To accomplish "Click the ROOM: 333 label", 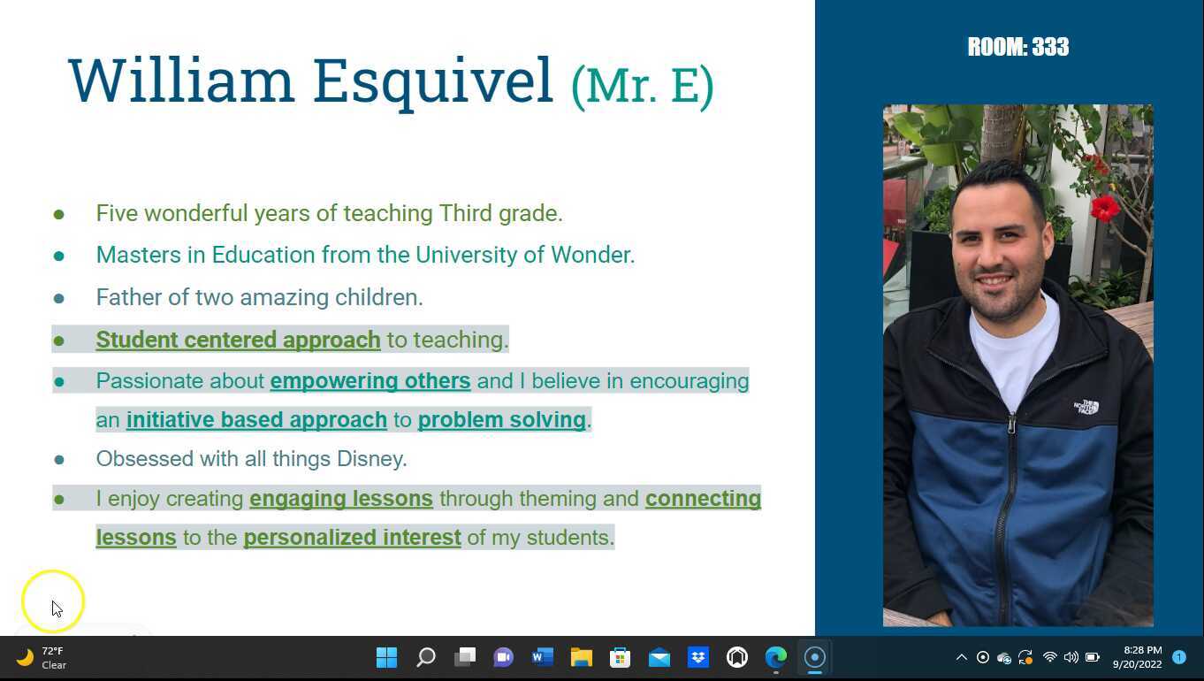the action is click(1018, 47).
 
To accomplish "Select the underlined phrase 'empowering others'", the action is click(370, 381).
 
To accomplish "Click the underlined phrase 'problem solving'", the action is click(501, 420).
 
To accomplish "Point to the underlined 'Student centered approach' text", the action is click(238, 340).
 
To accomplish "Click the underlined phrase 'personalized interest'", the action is click(352, 538).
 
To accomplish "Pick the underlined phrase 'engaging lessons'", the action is click(341, 499).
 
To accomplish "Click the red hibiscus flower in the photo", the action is click(1105, 208).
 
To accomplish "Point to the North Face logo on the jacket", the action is click(1086, 407).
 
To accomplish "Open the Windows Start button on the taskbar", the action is click(386, 657).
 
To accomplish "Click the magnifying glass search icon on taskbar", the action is click(426, 657).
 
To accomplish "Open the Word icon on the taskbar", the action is click(543, 657).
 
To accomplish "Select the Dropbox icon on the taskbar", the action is click(697, 657).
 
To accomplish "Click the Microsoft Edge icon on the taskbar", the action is click(775, 657).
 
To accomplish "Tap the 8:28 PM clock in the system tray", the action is click(1143, 650).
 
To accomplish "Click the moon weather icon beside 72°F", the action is click(25, 657).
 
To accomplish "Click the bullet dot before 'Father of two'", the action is click(59, 298).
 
